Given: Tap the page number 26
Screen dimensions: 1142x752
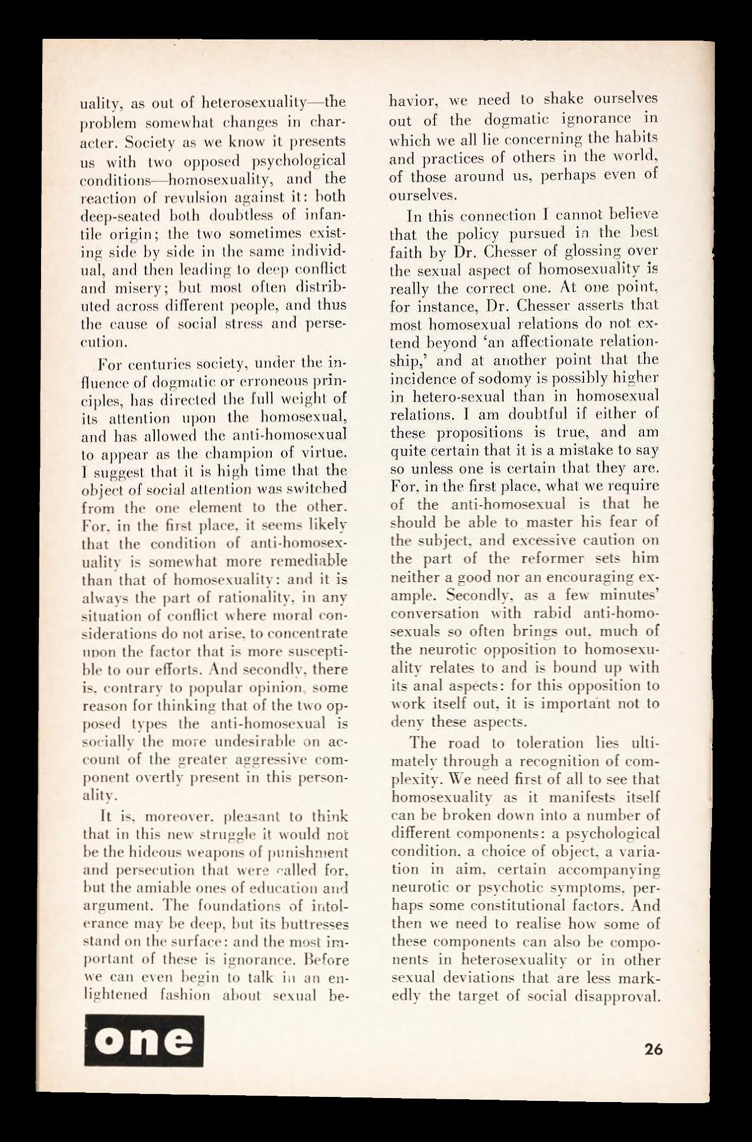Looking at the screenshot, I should pos(653,1049).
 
